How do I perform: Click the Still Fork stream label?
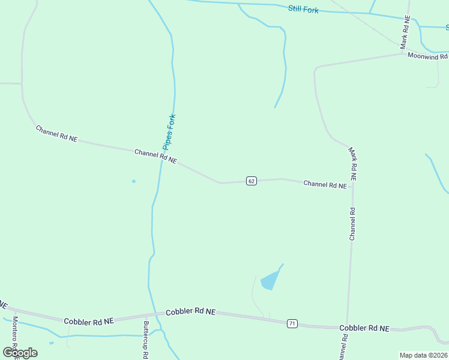303,9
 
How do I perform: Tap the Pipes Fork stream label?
169,132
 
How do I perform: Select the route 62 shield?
252,181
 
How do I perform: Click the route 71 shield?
292,323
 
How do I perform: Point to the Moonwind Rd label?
428,56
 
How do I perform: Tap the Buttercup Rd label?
146,340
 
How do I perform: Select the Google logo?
20,353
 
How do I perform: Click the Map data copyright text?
424,355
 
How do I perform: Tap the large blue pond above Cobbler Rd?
270,280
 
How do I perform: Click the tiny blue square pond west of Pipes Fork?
133,181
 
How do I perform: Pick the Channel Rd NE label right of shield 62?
325,185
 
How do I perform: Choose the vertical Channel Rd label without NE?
352,224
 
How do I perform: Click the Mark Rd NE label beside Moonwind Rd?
405,33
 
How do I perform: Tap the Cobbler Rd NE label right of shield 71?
364,328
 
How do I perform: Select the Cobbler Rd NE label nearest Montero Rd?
89,322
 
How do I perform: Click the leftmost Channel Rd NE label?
56,133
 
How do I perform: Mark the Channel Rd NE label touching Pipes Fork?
155,157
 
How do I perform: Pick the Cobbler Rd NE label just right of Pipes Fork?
190,312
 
